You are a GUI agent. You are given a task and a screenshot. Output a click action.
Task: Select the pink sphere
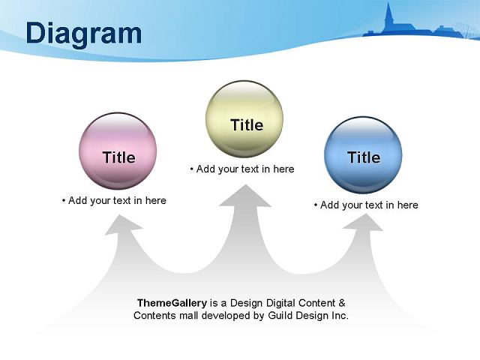click(118, 151)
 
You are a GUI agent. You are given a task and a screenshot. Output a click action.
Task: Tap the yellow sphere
click(244, 119)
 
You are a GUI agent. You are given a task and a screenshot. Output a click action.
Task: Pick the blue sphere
click(363, 155)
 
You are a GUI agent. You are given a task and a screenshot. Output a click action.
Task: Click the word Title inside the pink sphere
click(119, 157)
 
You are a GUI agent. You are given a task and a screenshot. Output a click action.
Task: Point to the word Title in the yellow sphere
click(247, 125)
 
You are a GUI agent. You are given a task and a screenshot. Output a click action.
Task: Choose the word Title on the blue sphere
click(364, 157)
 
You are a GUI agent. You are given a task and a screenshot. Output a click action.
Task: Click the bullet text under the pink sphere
click(114, 200)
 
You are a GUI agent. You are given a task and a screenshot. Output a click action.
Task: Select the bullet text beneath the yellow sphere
click(242, 169)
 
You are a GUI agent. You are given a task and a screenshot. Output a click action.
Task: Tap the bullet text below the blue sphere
click(366, 205)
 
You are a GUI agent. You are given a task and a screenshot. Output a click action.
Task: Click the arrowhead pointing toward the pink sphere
click(122, 225)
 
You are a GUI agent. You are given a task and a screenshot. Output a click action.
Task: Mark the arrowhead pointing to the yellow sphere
click(245, 196)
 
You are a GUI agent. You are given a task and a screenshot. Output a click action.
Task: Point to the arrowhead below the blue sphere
click(364, 222)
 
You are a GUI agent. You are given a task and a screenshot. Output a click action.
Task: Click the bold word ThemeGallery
click(172, 303)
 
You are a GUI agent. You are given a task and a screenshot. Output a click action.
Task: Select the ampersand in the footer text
click(342, 303)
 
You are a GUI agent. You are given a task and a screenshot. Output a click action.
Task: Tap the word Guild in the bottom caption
click(280, 315)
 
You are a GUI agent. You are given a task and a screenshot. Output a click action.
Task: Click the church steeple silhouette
click(389, 16)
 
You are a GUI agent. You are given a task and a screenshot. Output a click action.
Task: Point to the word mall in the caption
click(189, 315)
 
